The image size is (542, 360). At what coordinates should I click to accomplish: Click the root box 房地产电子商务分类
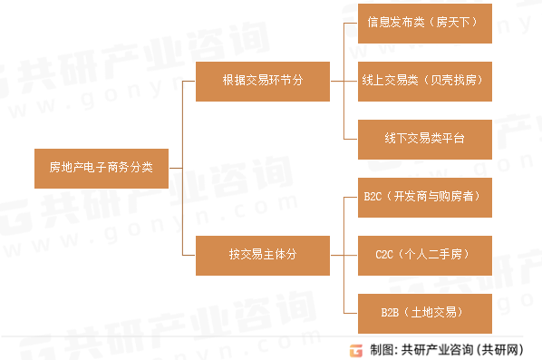101,168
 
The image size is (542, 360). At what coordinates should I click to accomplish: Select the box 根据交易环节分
262,81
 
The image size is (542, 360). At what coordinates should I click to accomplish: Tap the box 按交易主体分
262,253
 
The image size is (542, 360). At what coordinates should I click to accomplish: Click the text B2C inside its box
373,196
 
